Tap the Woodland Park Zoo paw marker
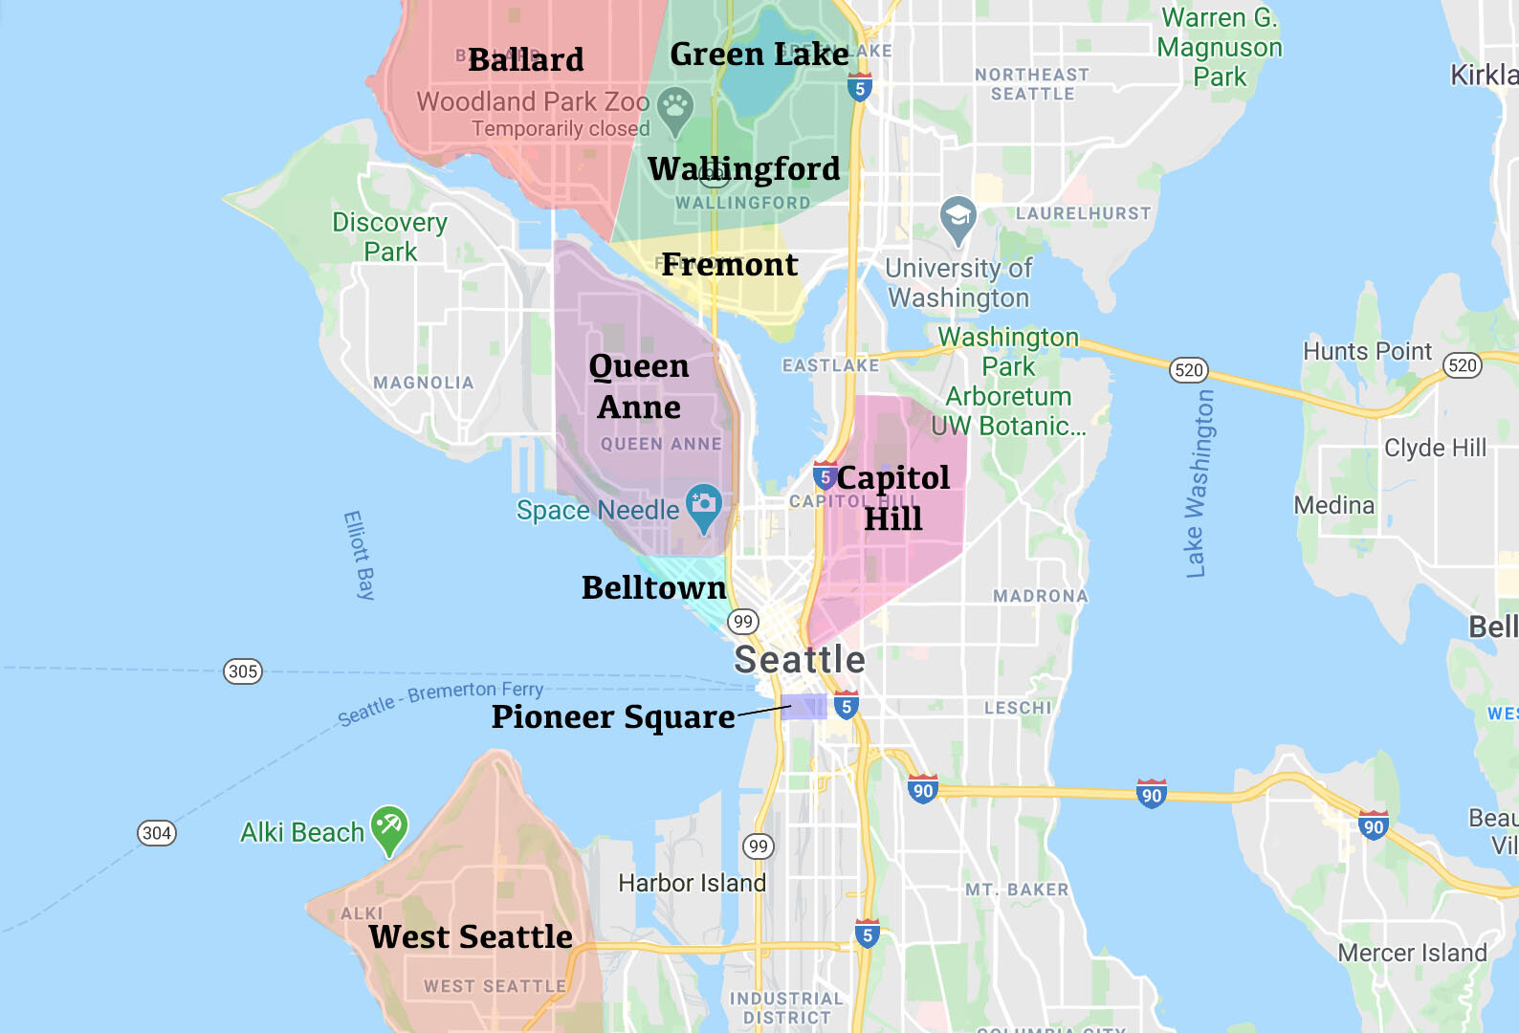pyautogui.click(x=675, y=107)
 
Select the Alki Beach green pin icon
pyautogui.click(x=389, y=825)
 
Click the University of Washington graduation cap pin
pyautogui.click(x=958, y=217)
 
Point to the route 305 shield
pyautogui.click(x=243, y=670)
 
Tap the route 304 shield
pyautogui.click(x=157, y=832)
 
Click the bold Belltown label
pyautogui.click(x=653, y=587)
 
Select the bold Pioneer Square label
pyautogui.click(x=612, y=716)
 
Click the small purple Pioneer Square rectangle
pyautogui.click(x=804, y=707)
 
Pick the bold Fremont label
pyautogui.click(x=729, y=265)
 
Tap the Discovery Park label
pyautogui.click(x=389, y=236)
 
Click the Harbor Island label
pyautogui.click(x=692, y=882)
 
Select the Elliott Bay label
pyautogui.click(x=359, y=555)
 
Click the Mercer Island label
pyautogui.click(x=1412, y=953)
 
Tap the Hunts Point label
pyautogui.click(x=1367, y=351)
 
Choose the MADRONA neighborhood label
pyautogui.click(x=1040, y=596)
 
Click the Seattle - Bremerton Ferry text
pyautogui.click(x=441, y=702)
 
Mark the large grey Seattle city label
pyautogui.click(x=799, y=659)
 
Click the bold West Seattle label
pyautogui.click(x=471, y=936)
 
